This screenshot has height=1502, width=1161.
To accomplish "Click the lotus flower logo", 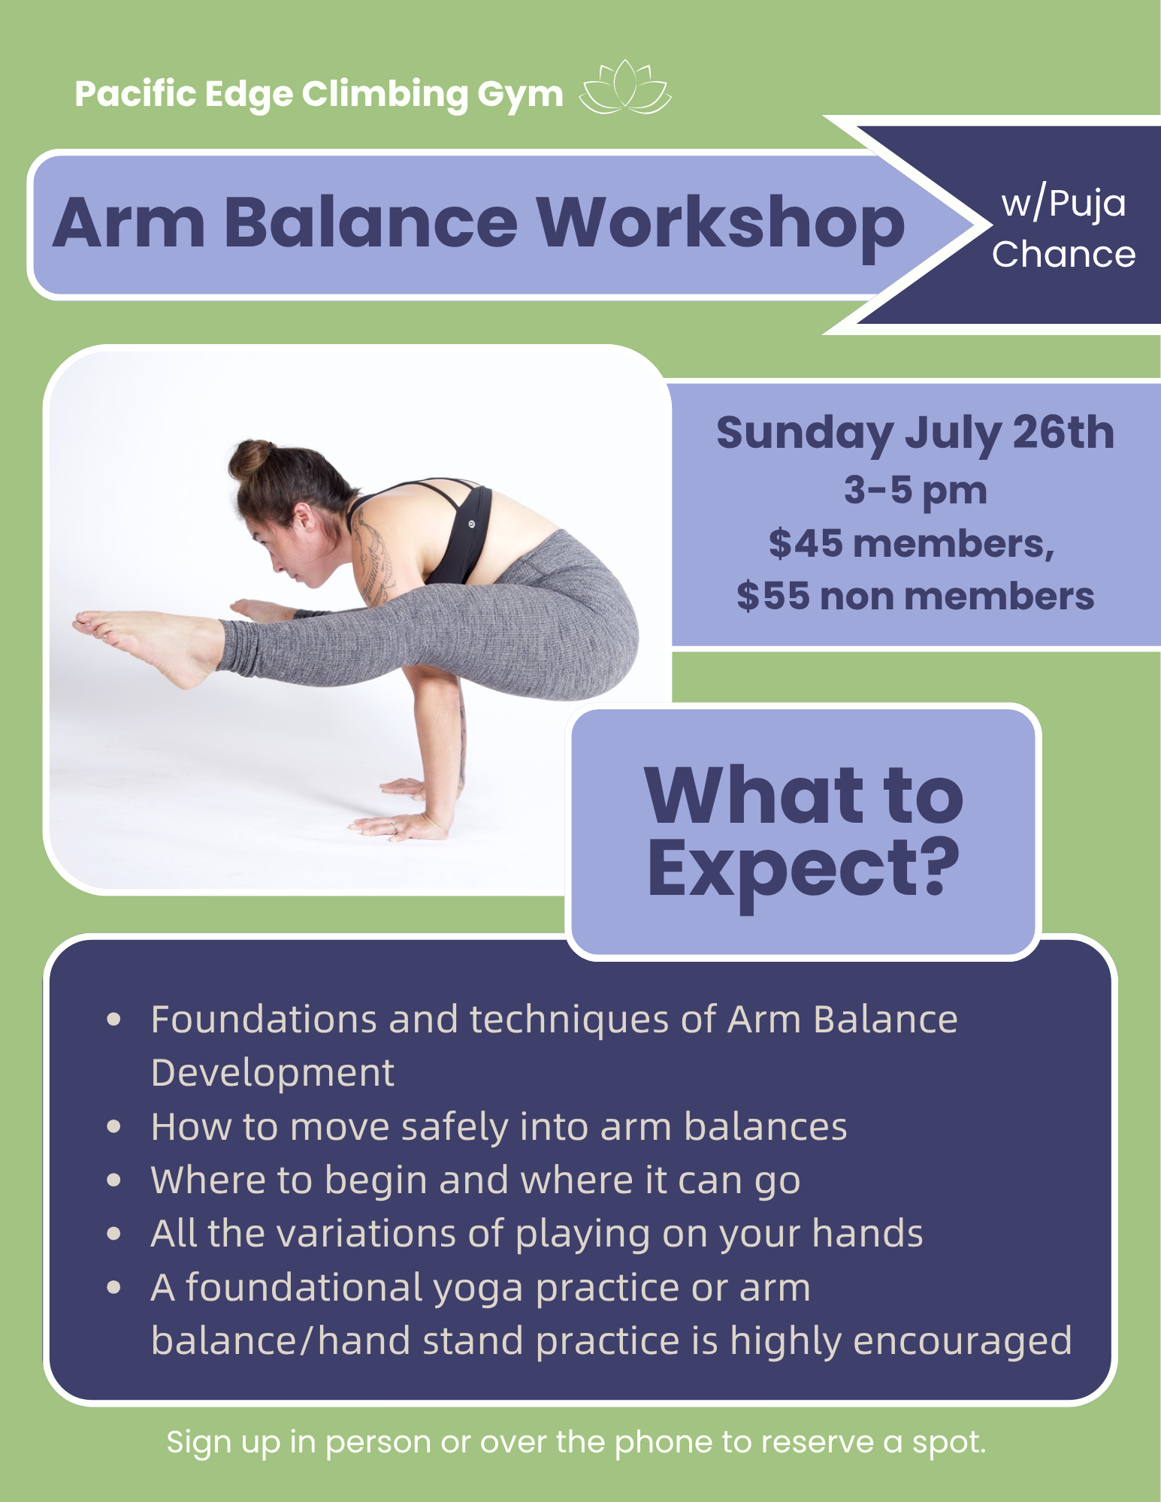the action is pos(625,88).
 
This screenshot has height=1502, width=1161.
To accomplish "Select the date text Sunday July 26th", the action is pos(915,434).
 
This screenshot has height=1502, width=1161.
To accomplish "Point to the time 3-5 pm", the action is pos(915,491).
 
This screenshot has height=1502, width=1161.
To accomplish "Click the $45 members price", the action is pos(912,543).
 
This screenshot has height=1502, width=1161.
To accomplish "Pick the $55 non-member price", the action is pos(915,596).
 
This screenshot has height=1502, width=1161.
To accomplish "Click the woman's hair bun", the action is pos(251,458).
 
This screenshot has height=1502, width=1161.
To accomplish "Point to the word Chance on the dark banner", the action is pos(1063,255).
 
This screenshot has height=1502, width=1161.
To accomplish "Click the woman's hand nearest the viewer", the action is pos(399,826).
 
